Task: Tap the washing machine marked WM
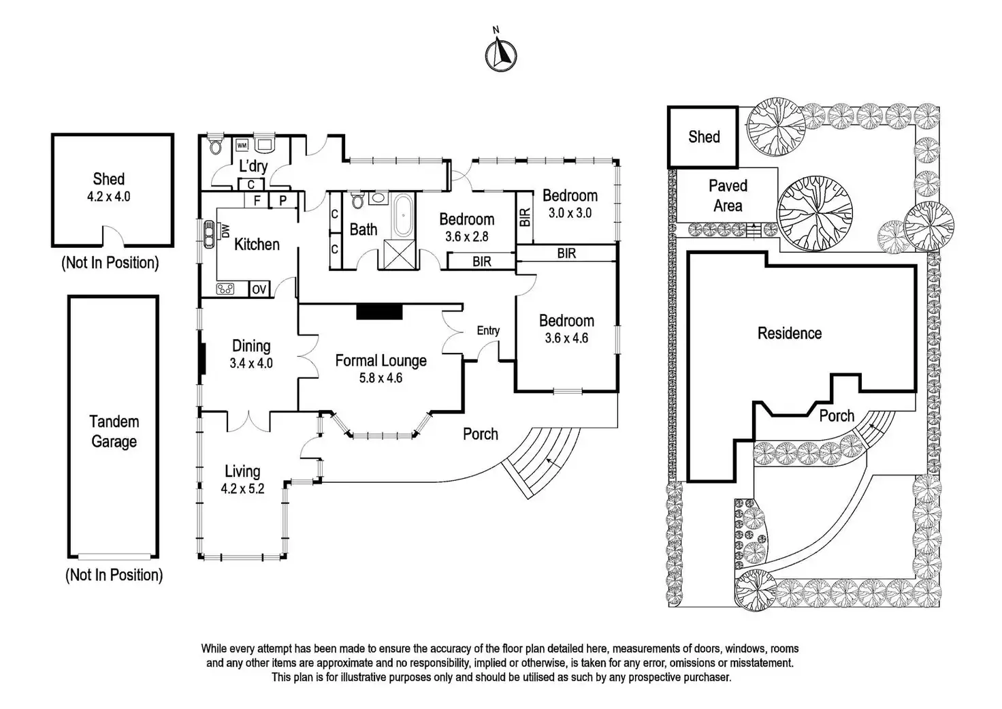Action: coord(242,146)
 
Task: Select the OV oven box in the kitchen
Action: coord(259,289)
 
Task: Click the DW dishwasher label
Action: coord(225,231)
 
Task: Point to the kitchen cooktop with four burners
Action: coord(225,289)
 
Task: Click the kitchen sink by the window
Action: coord(209,234)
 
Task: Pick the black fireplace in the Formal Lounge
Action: coord(379,312)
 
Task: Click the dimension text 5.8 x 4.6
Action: coord(381,378)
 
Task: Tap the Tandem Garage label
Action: coord(114,431)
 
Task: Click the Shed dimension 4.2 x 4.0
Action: coord(109,197)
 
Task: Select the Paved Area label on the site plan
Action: coord(728,195)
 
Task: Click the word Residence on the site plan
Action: coord(790,333)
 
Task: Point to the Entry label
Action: coord(488,330)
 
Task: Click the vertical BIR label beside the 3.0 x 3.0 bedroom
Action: coord(526,217)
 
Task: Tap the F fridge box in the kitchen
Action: coord(257,200)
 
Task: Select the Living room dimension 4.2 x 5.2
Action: coord(242,488)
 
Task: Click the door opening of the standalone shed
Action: coord(114,237)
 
